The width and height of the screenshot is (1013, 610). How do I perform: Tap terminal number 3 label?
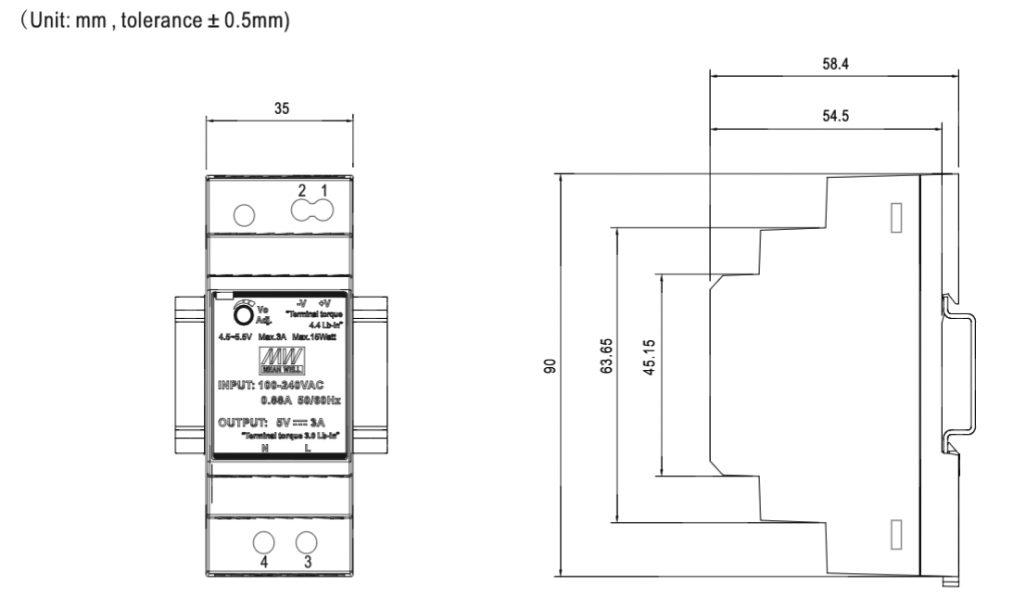tap(307, 561)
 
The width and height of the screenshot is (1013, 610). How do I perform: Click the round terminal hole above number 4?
tap(263, 542)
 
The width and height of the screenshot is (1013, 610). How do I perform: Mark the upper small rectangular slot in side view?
tap(895, 215)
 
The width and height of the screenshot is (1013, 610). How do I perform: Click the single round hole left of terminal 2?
tap(242, 215)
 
